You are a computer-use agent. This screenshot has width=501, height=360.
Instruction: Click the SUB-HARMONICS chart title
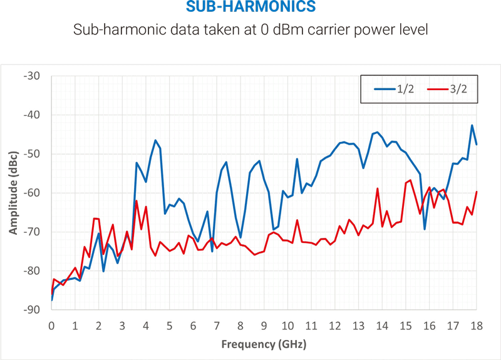250,8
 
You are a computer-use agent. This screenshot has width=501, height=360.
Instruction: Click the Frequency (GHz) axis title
264,344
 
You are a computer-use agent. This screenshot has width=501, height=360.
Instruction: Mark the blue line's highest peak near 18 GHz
472,125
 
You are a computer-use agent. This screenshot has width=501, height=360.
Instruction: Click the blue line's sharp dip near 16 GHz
425,229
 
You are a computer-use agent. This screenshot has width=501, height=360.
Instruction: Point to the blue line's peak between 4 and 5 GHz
155,140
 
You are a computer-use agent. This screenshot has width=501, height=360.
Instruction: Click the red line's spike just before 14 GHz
378,188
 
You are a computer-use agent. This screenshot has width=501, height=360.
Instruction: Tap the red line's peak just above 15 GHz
410,180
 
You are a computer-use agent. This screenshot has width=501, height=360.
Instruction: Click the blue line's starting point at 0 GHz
51,300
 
